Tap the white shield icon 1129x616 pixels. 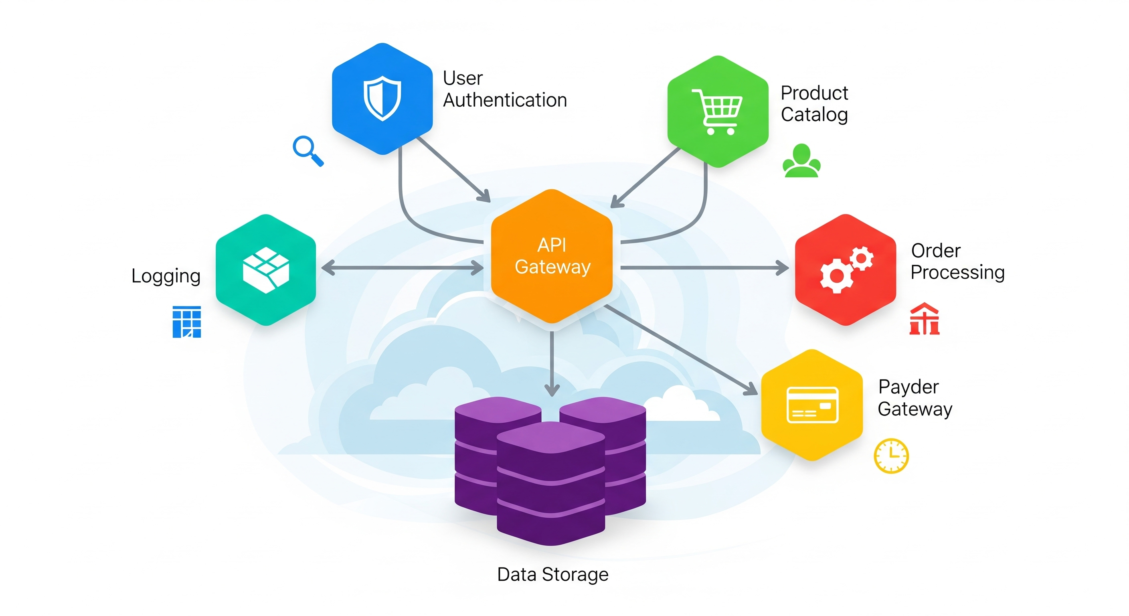point(382,98)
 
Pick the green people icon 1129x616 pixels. point(801,161)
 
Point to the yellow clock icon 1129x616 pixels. point(891,456)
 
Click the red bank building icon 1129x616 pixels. point(924,319)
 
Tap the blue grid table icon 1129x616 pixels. point(187,322)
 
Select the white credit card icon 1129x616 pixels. point(812,405)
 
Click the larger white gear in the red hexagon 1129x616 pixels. point(836,276)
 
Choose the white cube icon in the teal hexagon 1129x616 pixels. point(265,269)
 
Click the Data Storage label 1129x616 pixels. point(552,574)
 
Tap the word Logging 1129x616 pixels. point(166,276)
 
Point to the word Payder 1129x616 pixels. point(908,387)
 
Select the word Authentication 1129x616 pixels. point(505,100)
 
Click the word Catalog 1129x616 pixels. point(814,115)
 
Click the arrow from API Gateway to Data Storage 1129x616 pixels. point(552,364)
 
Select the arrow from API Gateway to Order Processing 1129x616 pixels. point(704,267)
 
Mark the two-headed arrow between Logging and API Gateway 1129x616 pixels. point(403,267)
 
